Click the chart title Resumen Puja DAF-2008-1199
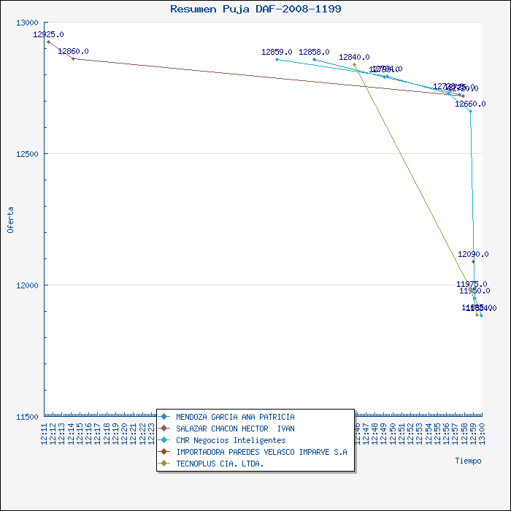(x=255, y=9)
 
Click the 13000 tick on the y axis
(x=28, y=23)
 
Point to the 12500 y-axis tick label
(x=28, y=154)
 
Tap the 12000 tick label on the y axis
(x=28, y=285)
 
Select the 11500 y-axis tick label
(x=28, y=417)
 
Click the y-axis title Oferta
(x=10, y=220)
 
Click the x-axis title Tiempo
(x=468, y=461)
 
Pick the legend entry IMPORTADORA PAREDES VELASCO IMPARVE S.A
(x=256, y=452)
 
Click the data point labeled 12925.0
(x=48, y=42)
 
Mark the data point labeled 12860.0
(x=73, y=58)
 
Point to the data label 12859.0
(x=277, y=52)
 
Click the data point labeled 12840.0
(x=354, y=64)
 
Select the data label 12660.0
(x=470, y=104)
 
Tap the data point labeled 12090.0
(x=473, y=261)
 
